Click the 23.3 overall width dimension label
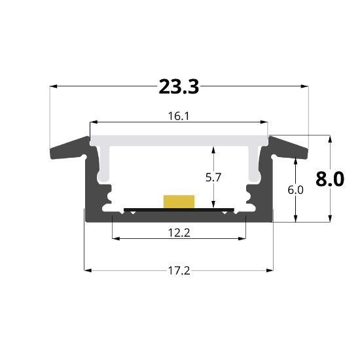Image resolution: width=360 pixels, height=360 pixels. point(179,86)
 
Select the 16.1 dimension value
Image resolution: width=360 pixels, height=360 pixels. point(179,116)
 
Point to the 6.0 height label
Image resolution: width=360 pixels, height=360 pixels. point(296,190)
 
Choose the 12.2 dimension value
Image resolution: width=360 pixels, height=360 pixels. point(179,231)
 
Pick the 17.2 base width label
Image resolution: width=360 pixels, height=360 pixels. point(179,270)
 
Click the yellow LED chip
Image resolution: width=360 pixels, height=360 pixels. point(179,200)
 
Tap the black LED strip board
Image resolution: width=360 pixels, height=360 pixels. point(179,209)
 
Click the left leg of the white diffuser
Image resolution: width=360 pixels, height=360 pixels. point(103,164)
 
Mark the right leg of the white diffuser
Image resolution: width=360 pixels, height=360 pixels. point(254,164)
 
